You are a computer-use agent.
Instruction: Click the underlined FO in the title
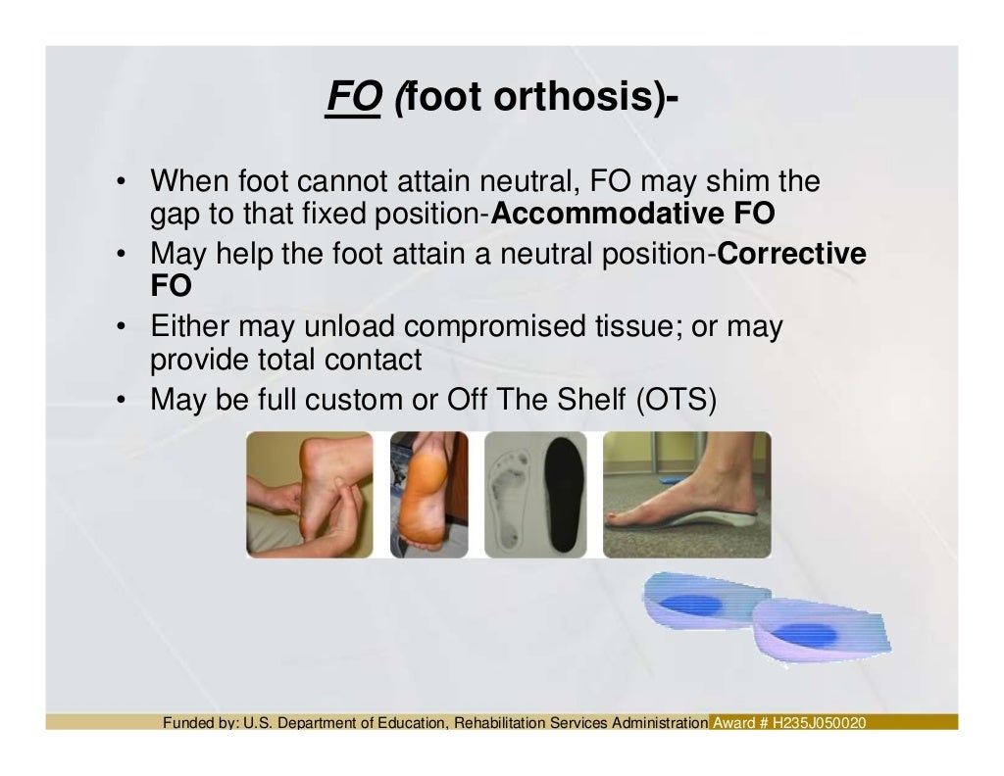pos(353,97)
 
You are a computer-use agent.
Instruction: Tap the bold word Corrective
pos(792,255)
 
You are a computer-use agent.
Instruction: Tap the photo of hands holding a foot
pos(309,495)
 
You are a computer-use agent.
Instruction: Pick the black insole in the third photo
pos(563,495)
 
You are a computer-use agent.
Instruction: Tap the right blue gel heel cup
pos(828,632)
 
